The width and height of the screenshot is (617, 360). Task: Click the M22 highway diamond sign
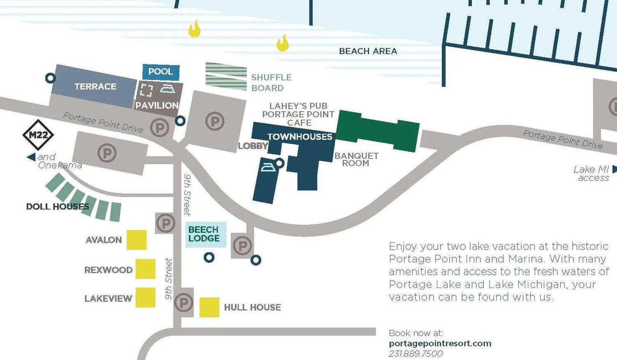point(38,135)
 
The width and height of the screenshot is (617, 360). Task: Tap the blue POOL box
point(161,72)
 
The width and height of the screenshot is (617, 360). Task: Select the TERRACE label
point(95,86)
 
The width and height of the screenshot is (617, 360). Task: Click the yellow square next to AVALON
point(137,240)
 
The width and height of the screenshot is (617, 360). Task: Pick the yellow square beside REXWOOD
point(146,269)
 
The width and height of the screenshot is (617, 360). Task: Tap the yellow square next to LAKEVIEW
point(146,297)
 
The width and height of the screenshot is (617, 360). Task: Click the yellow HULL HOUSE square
point(209,307)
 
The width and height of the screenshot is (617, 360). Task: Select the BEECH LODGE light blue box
point(206,235)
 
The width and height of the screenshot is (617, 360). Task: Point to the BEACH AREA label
point(368,51)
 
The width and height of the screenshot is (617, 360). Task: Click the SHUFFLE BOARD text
point(271,83)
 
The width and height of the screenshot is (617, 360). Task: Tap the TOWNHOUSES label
point(300,137)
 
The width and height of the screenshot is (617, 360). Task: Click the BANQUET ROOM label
point(357,160)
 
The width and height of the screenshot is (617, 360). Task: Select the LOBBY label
point(253,146)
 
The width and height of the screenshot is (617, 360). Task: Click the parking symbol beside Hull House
point(183,303)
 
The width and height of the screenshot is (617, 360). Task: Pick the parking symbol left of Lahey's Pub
point(215,121)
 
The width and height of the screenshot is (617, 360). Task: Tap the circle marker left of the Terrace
point(51,78)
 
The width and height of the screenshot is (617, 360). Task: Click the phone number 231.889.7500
point(415,354)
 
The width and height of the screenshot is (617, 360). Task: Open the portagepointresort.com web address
point(440,344)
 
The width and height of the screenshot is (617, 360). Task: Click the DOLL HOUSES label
point(58,207)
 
